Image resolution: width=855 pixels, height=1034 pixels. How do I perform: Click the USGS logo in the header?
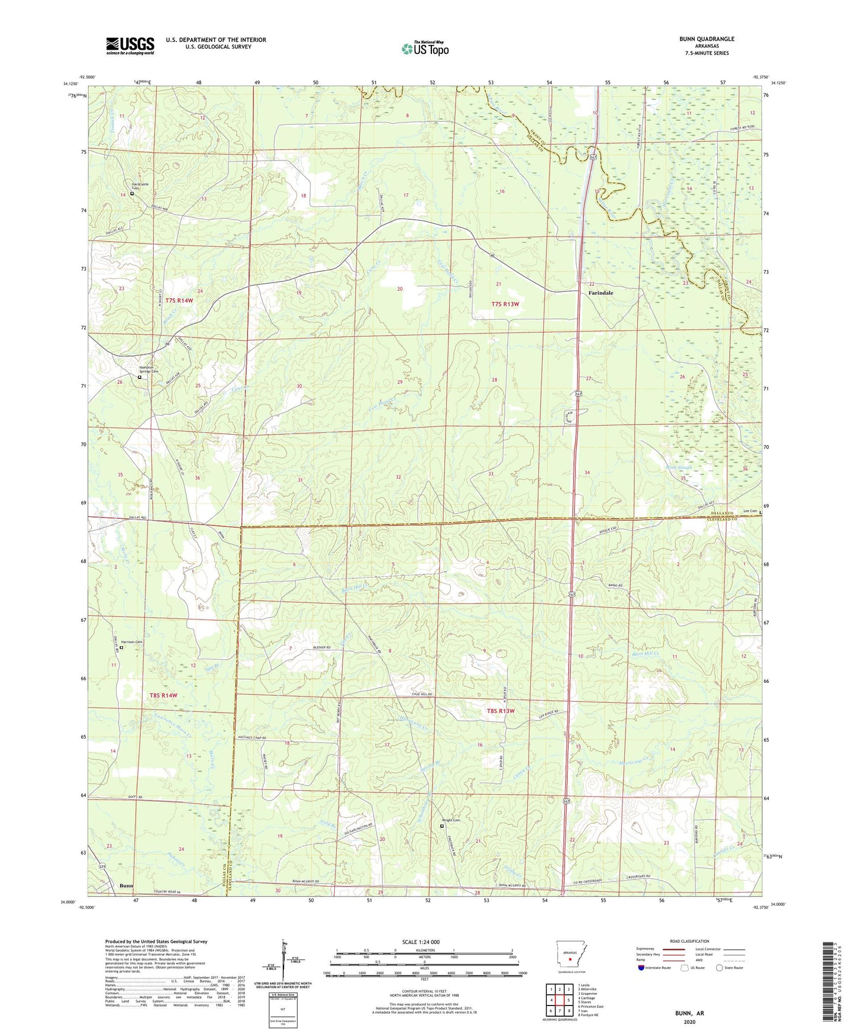tap(130, 45)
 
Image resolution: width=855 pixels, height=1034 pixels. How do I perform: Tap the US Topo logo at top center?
tap(425, 48)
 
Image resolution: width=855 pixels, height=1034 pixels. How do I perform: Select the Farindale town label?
tap(601, 293)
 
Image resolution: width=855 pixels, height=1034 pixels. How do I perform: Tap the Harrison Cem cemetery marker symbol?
tap(121, 648)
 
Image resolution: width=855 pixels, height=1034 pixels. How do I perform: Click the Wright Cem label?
tap(451, 820)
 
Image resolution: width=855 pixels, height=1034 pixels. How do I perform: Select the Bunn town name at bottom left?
tap(127, 886)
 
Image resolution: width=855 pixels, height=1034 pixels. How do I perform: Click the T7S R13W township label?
tap(505, 304)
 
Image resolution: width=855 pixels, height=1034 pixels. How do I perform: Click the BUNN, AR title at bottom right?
tap(689, 1013)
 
